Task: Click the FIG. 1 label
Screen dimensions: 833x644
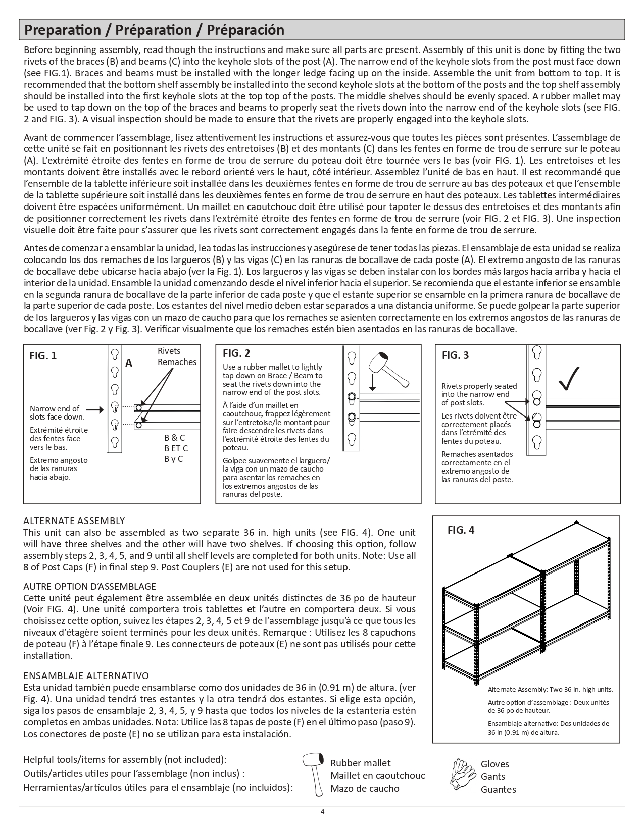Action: [x=43, y=356]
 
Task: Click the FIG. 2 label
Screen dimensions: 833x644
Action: [x=236, y=353]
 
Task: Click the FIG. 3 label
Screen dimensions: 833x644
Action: [x=455, y=355]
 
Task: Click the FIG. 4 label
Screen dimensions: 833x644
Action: [x=461, y=530]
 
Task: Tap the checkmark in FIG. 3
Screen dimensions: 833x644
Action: [x=569, y=379]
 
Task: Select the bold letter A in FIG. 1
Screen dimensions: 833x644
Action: [x=129, y=363]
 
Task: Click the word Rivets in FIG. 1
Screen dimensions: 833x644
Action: [x=169, y=351]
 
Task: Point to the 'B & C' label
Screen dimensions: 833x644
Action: [x=174, y=438]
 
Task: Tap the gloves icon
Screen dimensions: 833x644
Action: [x=462, y=774]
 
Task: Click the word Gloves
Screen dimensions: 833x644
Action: [x=494, y=764]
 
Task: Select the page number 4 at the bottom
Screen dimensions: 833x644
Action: [x=322, y=812]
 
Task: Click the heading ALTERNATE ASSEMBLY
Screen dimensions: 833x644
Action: [x=74, y=520]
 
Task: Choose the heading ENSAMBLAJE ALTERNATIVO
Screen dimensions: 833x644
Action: [x=86, y=675]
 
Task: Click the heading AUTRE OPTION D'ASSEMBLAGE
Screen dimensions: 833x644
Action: [x=89, y=586]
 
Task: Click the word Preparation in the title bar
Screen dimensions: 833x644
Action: [x=63, y=30]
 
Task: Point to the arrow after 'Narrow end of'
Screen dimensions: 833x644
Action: [x=94, y=409]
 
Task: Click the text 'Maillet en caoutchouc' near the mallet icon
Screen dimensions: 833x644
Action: [x=377, y=776]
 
